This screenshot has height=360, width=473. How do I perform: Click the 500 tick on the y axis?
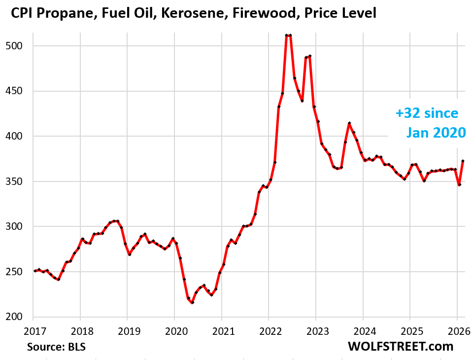point(17,46)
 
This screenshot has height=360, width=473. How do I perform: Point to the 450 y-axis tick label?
point(17,91)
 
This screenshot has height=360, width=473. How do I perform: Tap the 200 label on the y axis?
point(17,317)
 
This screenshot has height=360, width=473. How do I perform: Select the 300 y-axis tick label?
point(17,227)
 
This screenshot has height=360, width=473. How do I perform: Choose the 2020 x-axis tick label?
point(174,329)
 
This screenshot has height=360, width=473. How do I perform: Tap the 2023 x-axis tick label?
point(316,329)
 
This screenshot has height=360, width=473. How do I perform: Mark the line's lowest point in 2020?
point(192,303)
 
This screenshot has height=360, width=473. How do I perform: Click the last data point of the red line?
point(463,161)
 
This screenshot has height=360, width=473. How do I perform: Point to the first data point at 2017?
point(34,271)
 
